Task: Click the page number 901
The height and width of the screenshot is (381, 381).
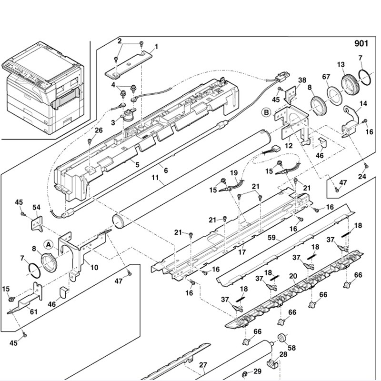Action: pos(361,44)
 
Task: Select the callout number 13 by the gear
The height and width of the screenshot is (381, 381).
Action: pos(341,64)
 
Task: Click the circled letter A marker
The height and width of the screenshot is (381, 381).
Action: pos(49,244)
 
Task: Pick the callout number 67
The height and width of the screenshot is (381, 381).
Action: pos(326,77)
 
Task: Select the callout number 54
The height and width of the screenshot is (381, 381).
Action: pos(36,207)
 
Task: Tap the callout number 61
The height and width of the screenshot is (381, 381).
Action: pos(33,311)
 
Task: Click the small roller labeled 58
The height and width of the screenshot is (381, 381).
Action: pos(280,339)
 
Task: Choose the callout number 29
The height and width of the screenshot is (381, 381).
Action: pos(257,371)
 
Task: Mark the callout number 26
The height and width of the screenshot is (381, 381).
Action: pos(98,130)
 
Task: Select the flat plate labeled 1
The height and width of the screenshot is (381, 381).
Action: pos(130,65)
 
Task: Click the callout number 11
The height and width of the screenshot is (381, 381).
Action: pos(155,180)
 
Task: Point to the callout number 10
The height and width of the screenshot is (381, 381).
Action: pos(94,268)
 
